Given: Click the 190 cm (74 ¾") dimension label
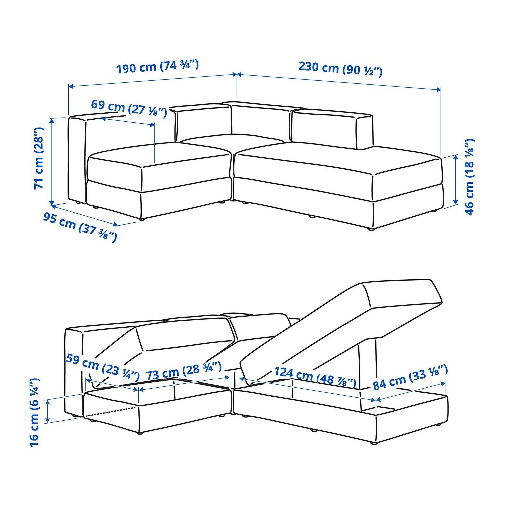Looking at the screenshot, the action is tap(157, 66).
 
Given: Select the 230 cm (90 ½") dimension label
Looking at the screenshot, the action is tap(340, 68).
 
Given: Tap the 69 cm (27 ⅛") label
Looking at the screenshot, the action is tap(129, 108).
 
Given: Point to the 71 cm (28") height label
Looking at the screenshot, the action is tap(39, 158).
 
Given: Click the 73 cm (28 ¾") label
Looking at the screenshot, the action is tap(184, 371).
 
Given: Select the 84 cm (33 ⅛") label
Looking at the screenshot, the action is tap(410, 377).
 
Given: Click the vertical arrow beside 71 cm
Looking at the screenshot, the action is tap(52, 161).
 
